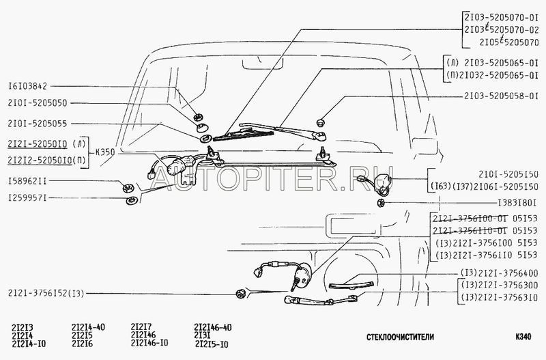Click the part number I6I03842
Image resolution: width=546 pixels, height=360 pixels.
(29, 87)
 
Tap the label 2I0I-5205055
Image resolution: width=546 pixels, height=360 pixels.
(38, 124)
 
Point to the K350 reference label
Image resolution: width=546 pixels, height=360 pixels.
(104, 154)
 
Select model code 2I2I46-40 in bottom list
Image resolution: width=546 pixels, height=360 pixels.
(212, 327)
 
